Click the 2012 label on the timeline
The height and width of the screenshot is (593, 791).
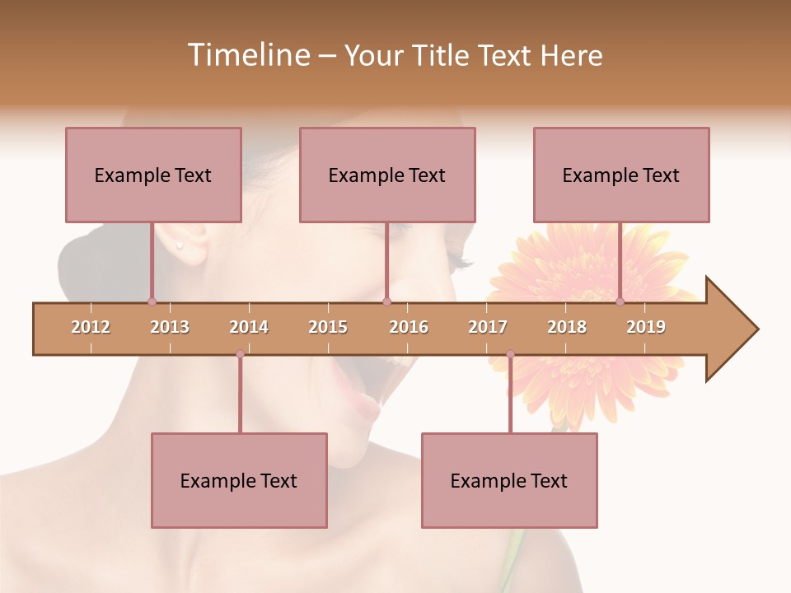click(91, 327)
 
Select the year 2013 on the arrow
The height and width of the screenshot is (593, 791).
click(170, 327)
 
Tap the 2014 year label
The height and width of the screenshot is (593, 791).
click(249, 327)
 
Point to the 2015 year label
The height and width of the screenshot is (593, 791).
click(328, 327)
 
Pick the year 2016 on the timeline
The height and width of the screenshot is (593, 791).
click(409, 327)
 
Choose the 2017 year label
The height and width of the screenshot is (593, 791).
click(488, 327)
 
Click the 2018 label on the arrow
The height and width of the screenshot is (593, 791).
click(567, 327)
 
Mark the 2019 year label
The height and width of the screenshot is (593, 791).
click(646, 327)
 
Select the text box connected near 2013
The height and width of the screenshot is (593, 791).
click(153, 175)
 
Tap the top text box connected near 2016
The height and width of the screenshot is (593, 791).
click(387, 175)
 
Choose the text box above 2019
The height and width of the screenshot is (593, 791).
click(621, 175)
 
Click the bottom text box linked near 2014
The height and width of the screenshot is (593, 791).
click(239, 480)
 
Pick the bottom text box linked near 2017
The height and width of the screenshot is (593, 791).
click(509, 480)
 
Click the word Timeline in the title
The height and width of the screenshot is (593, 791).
click(247, 55)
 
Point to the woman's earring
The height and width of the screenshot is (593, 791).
click(179, 245)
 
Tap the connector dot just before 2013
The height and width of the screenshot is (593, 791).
click(152, 301)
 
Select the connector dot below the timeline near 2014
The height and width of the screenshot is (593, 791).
click(240, 354)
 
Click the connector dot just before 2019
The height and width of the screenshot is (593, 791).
click(620, 301)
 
